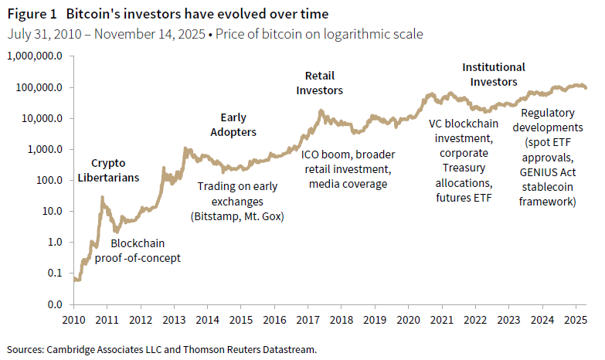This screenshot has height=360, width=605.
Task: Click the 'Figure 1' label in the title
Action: [x=31, y=15]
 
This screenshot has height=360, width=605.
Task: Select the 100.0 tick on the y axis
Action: [x=50, y=180]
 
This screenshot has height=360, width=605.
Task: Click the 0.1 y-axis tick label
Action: [x=55, y=273]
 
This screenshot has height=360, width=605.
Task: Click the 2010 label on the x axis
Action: [x=74, y=318]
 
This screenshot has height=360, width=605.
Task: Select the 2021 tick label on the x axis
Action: [x=441, y=318]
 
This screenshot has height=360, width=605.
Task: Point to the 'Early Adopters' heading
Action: [x=233, y=125]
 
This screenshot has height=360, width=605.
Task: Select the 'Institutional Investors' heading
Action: [x=493, y=74]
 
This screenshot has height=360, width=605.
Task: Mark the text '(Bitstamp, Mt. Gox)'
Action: [x=237, y=216]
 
